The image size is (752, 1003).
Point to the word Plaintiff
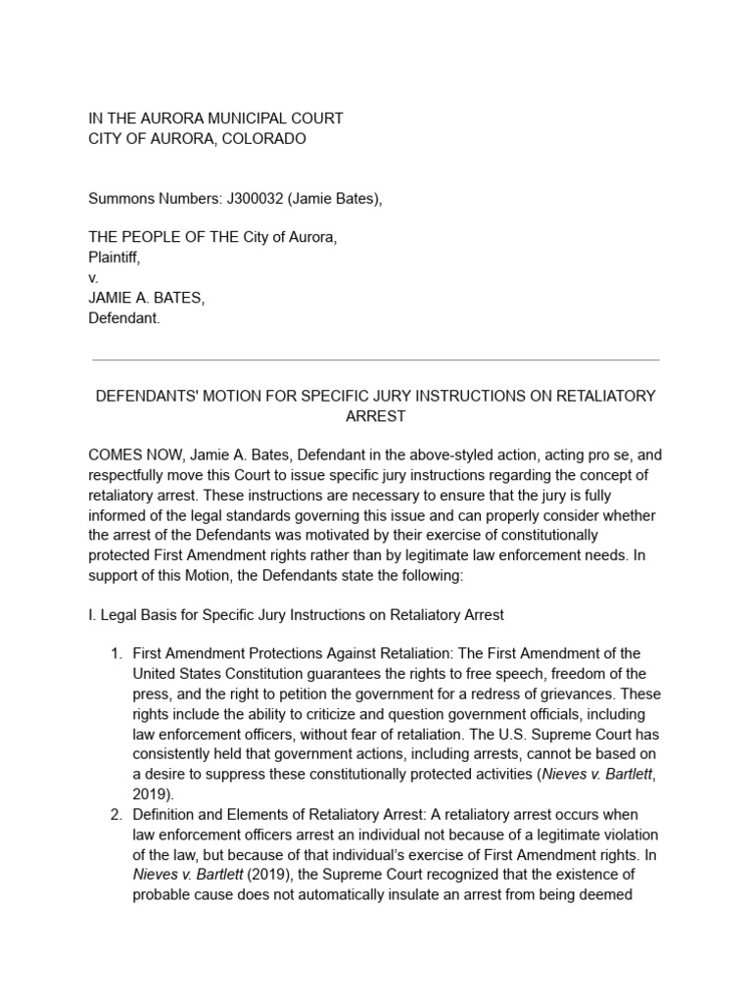(115, 258)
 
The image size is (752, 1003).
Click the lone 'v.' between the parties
(94, 278)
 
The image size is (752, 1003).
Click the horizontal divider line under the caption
(375, 360)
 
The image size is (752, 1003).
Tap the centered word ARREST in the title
(375, 416)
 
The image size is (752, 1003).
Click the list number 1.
(116, 653)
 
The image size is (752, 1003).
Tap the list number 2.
(116, 812)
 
